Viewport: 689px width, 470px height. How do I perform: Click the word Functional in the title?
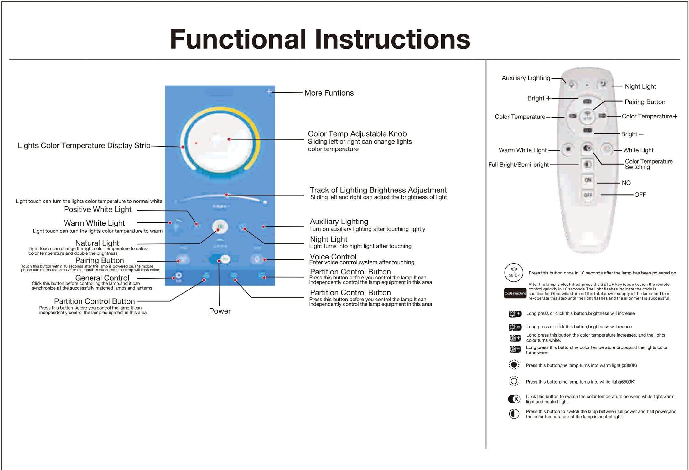click(238, 39)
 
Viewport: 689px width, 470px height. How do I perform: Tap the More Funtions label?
click(329, 93)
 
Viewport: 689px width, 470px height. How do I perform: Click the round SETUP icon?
click(514, 272)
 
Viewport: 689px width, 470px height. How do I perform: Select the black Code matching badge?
click(515, 293)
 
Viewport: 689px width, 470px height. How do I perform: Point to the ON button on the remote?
click(588, 180)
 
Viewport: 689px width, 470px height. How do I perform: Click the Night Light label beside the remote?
click(640, 86)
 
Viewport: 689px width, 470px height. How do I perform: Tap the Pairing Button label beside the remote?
click(645, 102)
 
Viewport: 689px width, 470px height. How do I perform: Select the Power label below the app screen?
click(220, 311)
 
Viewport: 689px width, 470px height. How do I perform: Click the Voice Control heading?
click(333, 257)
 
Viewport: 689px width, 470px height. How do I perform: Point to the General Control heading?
click(102, 278)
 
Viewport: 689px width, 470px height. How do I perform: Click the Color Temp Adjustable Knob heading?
click(357, 134)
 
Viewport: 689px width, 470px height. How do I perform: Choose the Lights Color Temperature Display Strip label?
click(84, 145)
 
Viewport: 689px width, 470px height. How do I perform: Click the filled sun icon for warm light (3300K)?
click(514, 365)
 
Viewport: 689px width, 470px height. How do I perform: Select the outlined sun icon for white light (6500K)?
click(514, 381)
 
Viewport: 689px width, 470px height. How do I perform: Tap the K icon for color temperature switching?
click(514, 399)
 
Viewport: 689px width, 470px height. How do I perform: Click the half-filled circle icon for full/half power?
click(514, 414)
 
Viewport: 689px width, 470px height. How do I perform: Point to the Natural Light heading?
click(97, 243)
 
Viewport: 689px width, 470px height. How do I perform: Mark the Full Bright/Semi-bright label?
click(518, 164)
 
